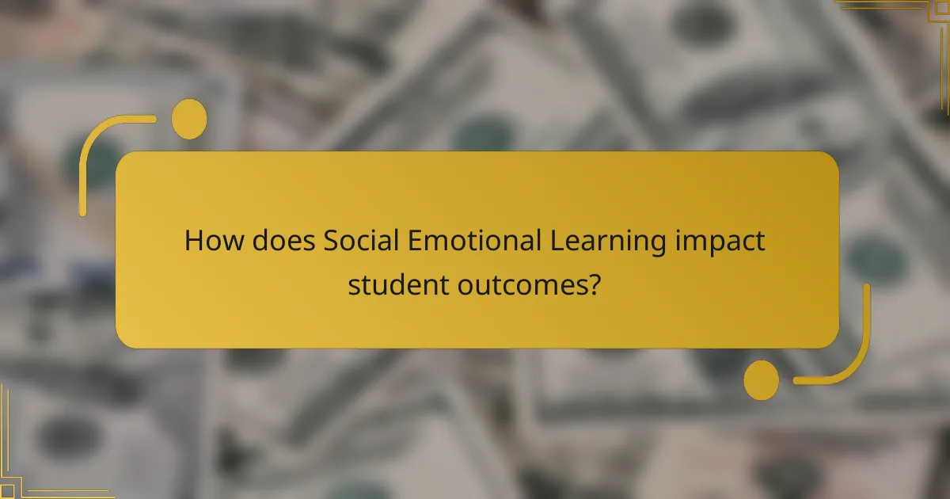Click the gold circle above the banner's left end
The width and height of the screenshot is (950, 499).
click(x=189, y=119)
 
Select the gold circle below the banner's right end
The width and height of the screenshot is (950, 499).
click(x=761, y=379)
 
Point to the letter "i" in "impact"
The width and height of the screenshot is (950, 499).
click(x=679, y=241)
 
